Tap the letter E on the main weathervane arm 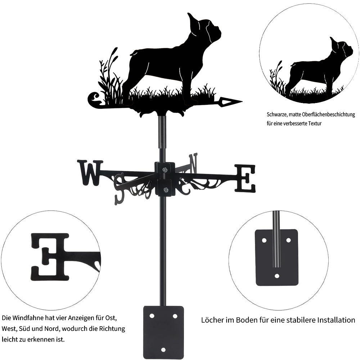[245, 178]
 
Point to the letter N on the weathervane [193, 164]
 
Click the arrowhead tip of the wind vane [242, 101]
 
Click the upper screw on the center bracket [165, 170]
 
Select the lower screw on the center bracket [165, 190]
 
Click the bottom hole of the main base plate [163, 350]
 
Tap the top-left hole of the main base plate [152, 316]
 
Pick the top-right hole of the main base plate [175, 316]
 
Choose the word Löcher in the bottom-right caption [210, 320]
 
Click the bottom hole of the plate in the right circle [277, 276]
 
